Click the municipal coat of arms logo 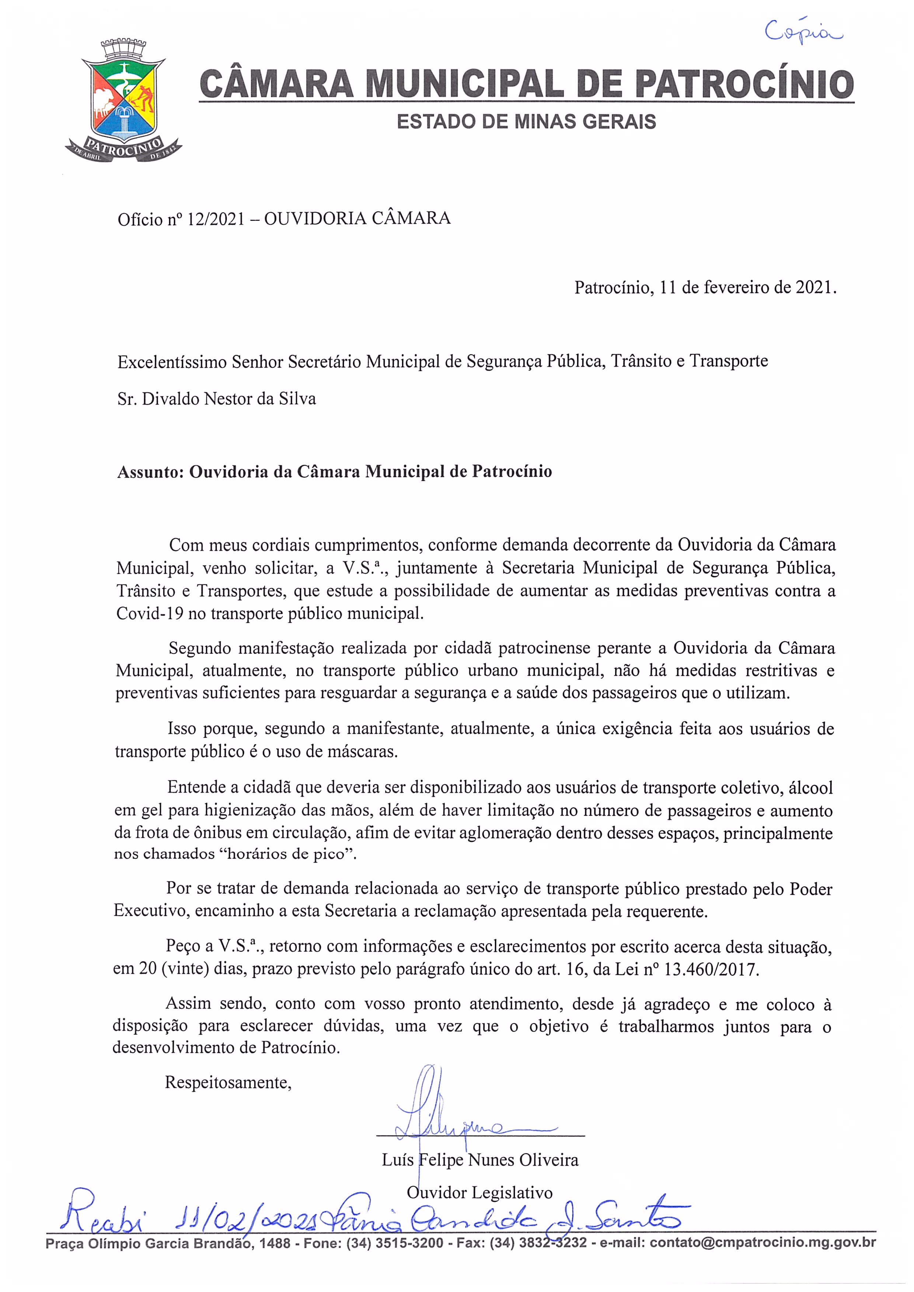pos(123,101)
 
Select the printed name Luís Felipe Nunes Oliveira pos(480,1160)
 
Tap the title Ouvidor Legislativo pos(480,1193)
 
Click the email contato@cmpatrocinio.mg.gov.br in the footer pos(763,1243)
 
